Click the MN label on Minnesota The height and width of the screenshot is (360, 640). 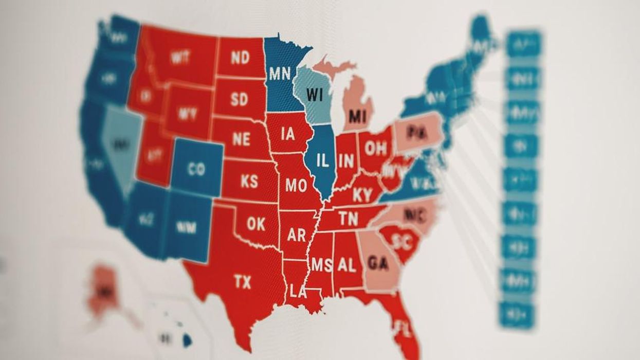click(280, 74)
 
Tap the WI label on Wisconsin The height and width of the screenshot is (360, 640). click(314, 95)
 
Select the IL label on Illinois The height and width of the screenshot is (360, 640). click(322, 161)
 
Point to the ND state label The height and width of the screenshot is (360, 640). click(240, 58)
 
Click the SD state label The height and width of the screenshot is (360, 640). click(239, 99)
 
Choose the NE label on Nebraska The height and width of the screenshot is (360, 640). click(241, 139)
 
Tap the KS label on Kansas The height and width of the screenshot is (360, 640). click(249, 182)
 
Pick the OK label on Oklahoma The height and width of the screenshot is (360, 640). click(255, 224)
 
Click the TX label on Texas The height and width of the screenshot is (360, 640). click(242, 282)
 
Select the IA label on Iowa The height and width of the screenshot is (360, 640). click(288, 134)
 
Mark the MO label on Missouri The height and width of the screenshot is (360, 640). click(296, 185)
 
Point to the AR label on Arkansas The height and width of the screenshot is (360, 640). click(296, 235)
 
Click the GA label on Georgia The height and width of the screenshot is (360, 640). click(378, 263)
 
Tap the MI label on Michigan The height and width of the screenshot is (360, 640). click(357, 116)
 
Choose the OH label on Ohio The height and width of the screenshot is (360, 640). click(376, 148)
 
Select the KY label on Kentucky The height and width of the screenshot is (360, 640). click(362, 195)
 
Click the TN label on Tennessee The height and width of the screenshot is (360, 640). click(349, 220)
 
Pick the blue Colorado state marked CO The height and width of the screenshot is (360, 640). click(196, 169)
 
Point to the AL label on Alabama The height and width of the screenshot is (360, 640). click(346, 265)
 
